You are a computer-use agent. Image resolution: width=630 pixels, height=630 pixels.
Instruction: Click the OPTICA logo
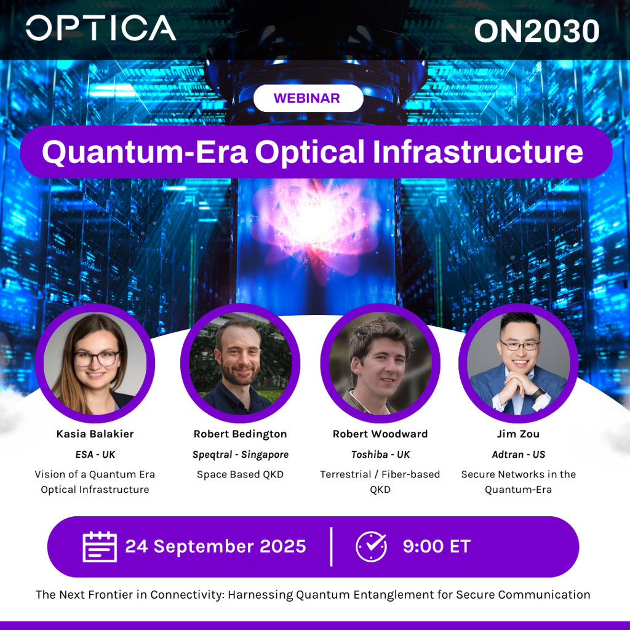click(101, 28)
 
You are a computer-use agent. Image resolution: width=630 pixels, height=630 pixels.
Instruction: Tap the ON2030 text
click(536, 31)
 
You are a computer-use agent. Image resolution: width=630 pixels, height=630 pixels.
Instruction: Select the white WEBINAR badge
click(308, 98)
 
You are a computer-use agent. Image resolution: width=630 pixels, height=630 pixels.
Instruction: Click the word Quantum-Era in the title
click(145, 152)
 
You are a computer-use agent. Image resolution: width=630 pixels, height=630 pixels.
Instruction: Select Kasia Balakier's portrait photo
click(95, 363)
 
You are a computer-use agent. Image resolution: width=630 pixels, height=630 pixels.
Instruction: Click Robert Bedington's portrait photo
click(241, 363)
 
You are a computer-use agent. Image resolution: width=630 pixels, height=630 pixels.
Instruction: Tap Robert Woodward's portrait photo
click(380, 363)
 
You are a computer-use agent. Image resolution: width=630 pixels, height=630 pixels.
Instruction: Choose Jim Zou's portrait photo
click(518, 363)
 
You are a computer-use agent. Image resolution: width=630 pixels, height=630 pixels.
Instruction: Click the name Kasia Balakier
click(95, 434)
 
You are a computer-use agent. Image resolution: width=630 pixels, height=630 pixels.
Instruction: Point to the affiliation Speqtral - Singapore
click(241, 455)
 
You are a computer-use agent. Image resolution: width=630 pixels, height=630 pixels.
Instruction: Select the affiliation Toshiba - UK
click(380, 455)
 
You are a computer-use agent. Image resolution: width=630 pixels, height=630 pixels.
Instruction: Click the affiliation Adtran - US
click(518, 455)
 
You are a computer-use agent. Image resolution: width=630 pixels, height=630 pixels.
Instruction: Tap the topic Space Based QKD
click(241, 474)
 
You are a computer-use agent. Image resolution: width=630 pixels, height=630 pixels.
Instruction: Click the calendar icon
click(100, 546)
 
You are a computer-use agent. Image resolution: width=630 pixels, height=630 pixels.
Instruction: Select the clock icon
click(371, 546)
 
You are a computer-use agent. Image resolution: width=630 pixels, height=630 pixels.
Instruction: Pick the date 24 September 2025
click(216, 546)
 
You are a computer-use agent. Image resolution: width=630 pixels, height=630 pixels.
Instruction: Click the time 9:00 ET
click(437, 546)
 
